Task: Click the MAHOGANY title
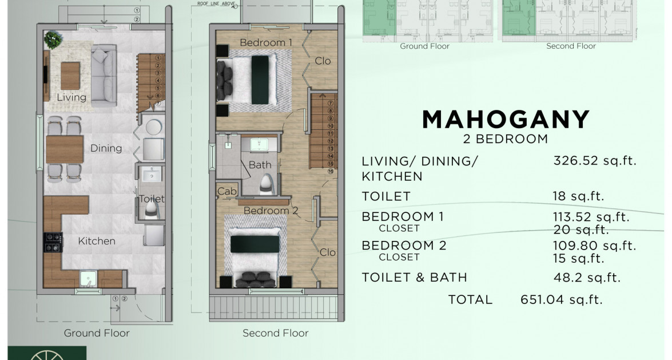[506, 119]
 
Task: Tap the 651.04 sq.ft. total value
[561, 299]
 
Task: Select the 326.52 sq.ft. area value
[595, 161]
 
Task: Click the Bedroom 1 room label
[265, 42]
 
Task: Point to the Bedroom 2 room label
[271, 211]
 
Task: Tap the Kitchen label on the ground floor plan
[97, 241]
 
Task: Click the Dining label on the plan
[106, 148]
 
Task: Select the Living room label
[71, 97]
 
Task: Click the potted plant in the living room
[54, 39]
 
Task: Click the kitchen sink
[88, 279]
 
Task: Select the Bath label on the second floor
[260, 165]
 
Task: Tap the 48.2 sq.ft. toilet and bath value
[587, 278]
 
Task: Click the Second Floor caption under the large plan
[275, 333]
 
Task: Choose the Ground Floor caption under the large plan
[97, 333]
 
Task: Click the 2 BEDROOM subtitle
[506, 139]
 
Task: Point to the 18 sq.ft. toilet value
[579, 196]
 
